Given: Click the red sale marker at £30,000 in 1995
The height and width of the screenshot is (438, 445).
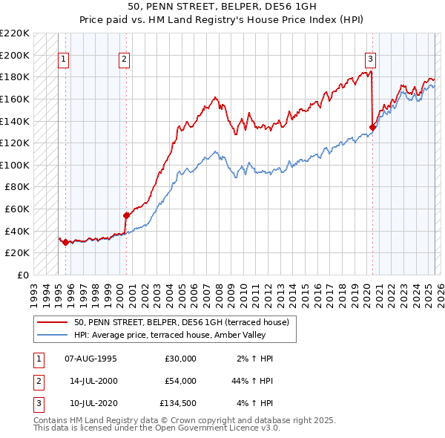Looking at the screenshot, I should coord(65,242).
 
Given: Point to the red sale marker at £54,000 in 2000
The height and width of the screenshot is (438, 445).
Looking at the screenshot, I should coord(126,215).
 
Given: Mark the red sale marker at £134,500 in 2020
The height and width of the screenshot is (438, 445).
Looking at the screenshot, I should coord(372,127).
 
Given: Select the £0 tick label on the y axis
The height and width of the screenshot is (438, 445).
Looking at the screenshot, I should coord(22,275).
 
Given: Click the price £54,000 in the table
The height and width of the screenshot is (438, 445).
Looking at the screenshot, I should coord(180,381).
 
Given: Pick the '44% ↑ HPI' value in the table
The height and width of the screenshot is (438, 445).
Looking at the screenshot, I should coord(251,381).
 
